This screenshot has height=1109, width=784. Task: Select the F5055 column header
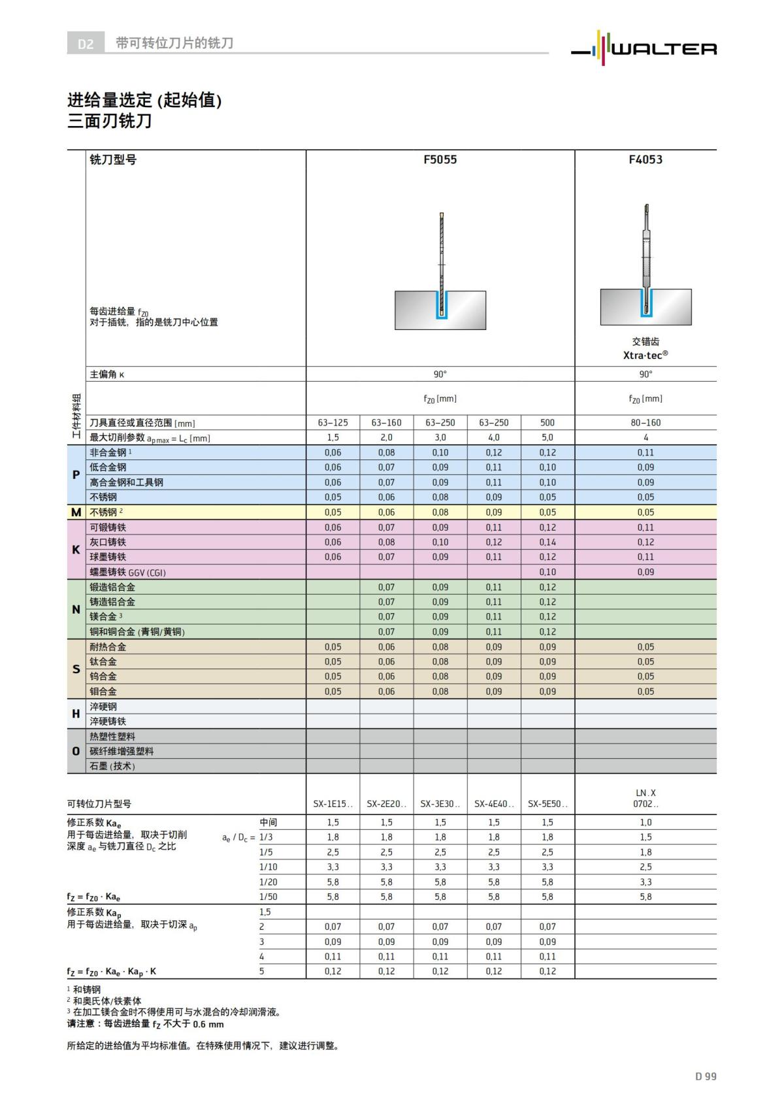tap(440, 159)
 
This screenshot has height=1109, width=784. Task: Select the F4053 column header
tap(645, 159)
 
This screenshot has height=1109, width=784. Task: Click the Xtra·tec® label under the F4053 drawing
tap(645, 355)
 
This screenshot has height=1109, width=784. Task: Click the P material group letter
tap(76, 474)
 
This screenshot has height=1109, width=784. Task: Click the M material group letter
tap(76, 512)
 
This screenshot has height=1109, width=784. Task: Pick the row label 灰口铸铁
tap(108, 542)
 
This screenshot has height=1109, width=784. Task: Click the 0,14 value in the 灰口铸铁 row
tap(547, 542)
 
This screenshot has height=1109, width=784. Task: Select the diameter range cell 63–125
tap(333, 423)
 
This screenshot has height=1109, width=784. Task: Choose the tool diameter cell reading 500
tap(547, 423)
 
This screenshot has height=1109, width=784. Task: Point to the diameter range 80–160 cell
tap(645, 423)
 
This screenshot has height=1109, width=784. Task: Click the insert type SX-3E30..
tap(440, 804)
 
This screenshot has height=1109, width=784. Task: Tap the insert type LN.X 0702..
tap(645, 798)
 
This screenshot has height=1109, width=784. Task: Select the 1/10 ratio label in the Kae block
tap(268, 867)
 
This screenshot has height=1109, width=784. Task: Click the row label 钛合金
tap(103, 661)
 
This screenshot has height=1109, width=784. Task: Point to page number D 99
tap(706, 1076)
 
